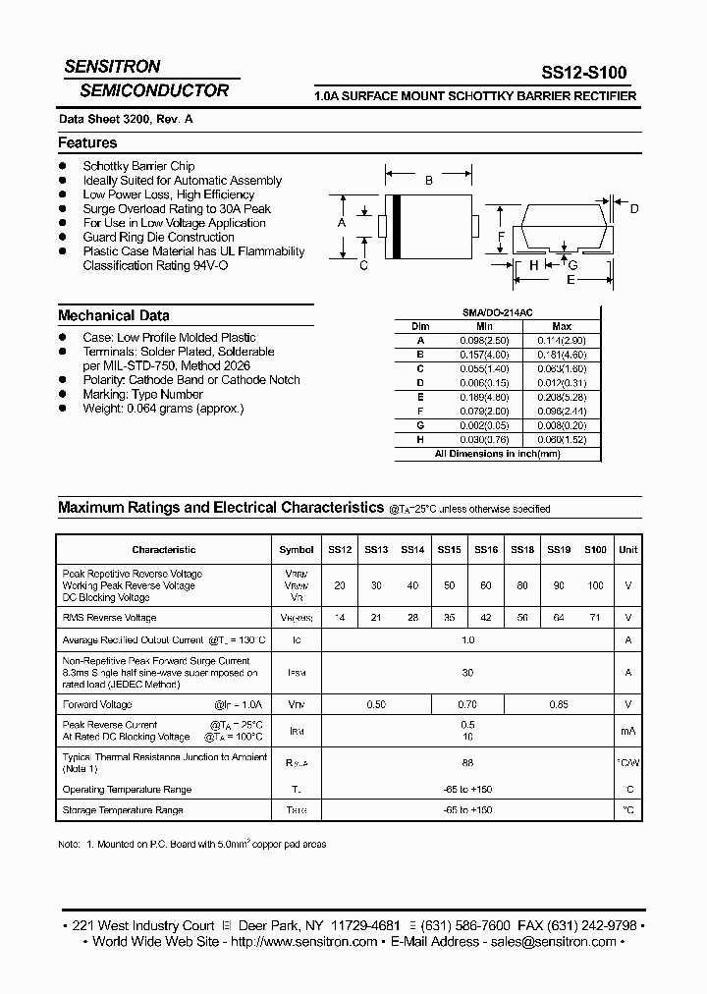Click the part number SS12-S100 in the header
[583, 72]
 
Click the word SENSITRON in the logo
[112, 67]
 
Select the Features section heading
[87, 143]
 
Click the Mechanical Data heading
[114, 315]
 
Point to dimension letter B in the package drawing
[428, 180]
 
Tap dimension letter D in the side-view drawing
[634, 208]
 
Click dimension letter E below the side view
[571, 280]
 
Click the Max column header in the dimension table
[562, 326]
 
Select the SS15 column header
[449, 550]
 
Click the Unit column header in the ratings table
[628, 550]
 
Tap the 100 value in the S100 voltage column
[595, 585]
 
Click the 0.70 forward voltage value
[467, 704]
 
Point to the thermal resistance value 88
[467, 762]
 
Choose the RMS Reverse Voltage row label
[109, 618]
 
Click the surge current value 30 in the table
[467, 673]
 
